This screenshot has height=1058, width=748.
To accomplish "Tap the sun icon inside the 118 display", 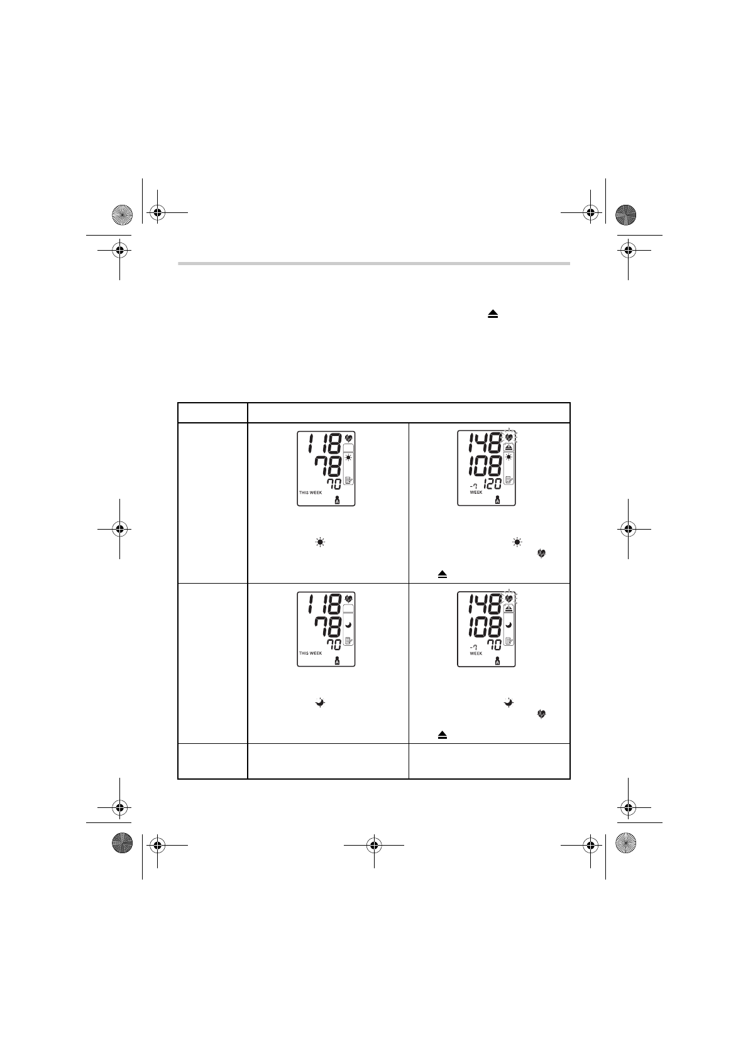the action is pyautogui.click(x=349, y=457).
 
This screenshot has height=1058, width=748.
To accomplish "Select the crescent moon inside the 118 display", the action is pyautogui.click(x=349, y=625).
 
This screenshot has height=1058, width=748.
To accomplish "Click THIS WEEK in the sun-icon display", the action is pyautogui.click(x=311, y=493).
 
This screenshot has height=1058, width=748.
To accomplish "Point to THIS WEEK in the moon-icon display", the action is pyautogui.click(x=311, y=653).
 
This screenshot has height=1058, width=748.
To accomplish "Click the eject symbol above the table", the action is pyautogui.click(x=493, y=314).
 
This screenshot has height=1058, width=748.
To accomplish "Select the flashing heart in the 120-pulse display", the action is pyautogui.click(x=509, y=437).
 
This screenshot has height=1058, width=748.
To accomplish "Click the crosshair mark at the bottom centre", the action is pyautogui.click(x=374, y=845).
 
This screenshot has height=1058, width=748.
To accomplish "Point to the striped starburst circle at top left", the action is pyautogui.click(x=122, y=215).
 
